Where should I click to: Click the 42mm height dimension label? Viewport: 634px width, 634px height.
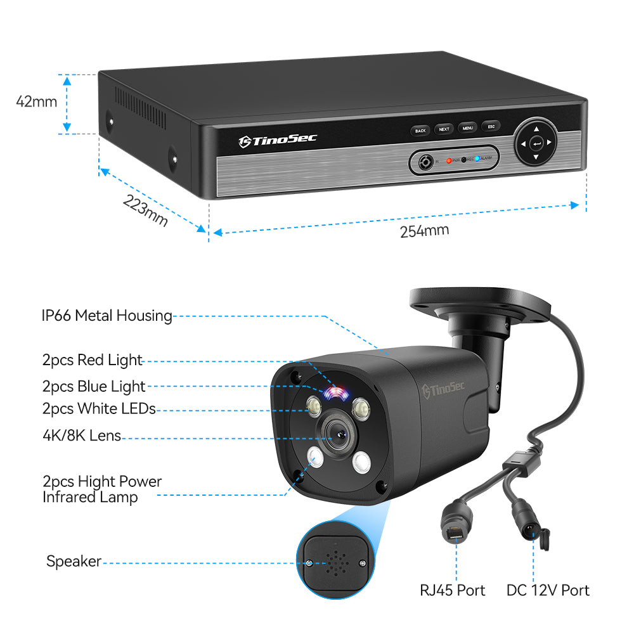click(37, 101)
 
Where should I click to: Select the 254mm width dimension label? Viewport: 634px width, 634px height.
click(424, 230)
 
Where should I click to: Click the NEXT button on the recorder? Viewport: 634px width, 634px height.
click(444, 129)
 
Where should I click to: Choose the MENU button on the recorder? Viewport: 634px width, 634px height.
click(467, 128)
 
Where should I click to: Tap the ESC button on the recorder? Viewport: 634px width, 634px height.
click(491, 127)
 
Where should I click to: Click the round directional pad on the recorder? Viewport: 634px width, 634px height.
click(536, 143)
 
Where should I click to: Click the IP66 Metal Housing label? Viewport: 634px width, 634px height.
click(107, 315)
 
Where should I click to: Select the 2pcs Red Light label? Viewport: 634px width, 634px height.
click(93, 360)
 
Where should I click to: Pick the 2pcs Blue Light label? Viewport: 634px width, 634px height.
click(94, 385)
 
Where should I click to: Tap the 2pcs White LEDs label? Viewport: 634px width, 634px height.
click(99, 409)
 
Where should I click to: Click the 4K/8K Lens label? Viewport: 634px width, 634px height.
click(82, 436)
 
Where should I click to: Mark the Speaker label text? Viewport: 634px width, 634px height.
click(74, 561)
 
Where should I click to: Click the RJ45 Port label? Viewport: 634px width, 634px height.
click(452, 590)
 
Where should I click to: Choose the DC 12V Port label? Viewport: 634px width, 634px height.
click(548, 590)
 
